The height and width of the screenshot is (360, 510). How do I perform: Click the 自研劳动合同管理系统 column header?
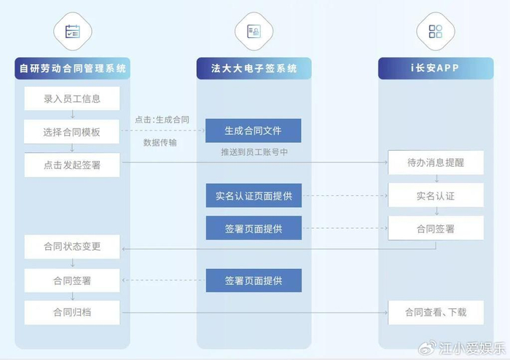click(x=71, y=69)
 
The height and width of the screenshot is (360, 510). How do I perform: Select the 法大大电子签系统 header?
click(x=254, y=69)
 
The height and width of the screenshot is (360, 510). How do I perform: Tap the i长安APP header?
click(x=435, y=69)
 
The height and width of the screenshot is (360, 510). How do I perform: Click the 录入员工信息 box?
click(x=71, y=98)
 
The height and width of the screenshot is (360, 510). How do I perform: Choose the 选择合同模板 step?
click(x=71, y=132)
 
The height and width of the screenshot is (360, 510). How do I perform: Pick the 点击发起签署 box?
click(x=71, y=165)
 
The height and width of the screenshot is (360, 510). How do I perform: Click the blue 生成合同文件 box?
click(x=253, y=130)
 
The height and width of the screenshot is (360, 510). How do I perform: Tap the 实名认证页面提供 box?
click(x=253, y=195)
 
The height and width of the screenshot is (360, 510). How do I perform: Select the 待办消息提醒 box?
click(x=435, y=163)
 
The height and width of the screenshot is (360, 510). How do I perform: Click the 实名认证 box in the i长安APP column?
click(x=435, y=195)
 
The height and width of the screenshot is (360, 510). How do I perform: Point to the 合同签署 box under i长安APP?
click(x=435, y=228)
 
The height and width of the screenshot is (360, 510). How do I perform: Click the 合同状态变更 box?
click(x=71, y=246)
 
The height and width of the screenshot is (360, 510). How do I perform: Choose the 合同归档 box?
click(x=71, y=313)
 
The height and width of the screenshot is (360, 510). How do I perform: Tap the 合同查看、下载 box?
click(x=435, y=313)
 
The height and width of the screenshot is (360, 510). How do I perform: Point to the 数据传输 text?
click(x=160, y=143)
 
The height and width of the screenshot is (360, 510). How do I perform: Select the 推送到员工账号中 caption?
click(x=253, y=154)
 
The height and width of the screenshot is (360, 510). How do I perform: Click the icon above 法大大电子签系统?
click(x=254, y=31)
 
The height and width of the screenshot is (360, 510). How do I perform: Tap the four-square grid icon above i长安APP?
click(x=435, y=31)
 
